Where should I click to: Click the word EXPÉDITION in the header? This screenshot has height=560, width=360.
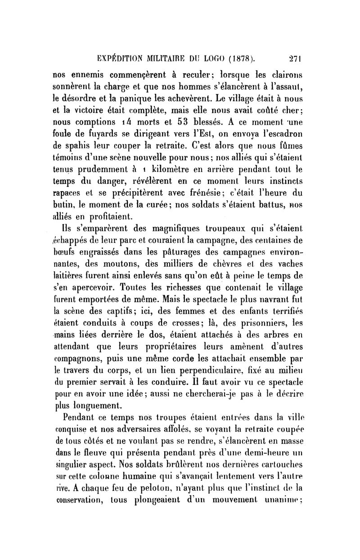tap(121, 58)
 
